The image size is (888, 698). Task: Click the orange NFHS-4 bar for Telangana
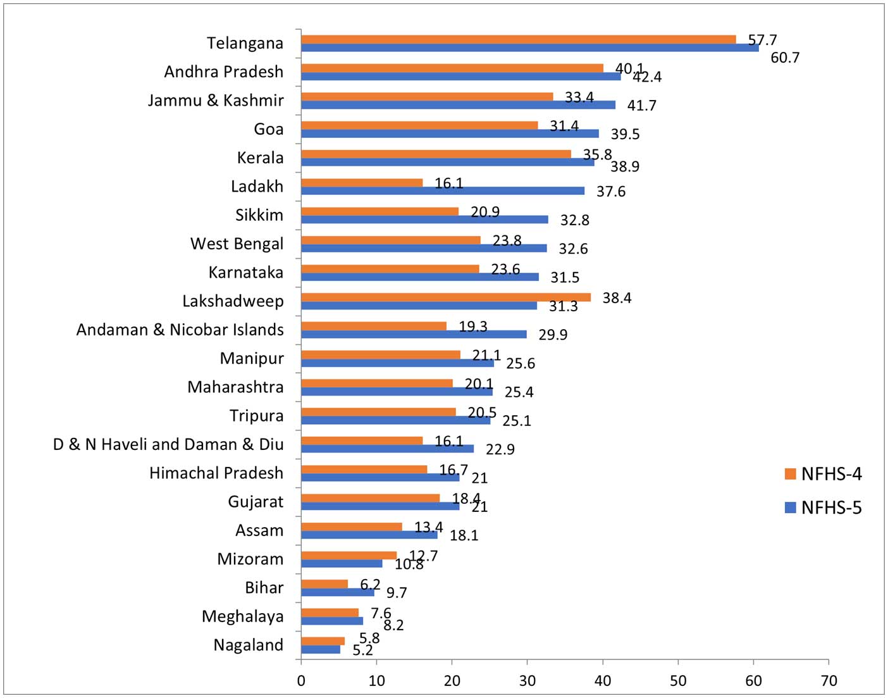[519, 39]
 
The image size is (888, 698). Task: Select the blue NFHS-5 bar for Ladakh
[443, 190]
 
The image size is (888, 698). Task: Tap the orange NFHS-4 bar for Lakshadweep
[446, 297]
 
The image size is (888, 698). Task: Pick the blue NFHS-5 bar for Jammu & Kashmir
[458, 104]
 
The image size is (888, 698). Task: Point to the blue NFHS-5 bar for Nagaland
[321, 649]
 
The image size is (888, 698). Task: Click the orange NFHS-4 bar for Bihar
[324, 583]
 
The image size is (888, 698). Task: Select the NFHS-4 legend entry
[823, 474]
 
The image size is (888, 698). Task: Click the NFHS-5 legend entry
[823, 508]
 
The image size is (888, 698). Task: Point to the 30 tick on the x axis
[527, 681]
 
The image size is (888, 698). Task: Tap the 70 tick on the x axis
[829, 681]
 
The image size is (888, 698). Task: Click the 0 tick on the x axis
[301, 681]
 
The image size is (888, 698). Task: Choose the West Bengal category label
[237, 244]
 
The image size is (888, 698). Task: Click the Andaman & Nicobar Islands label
[180, 330]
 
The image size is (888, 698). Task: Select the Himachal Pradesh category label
[216, 473]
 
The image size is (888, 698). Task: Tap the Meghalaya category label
[243, 616]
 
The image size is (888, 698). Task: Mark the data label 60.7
[785, 58]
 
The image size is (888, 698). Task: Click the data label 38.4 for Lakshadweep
[617, 298]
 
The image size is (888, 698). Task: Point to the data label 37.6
[611, 192]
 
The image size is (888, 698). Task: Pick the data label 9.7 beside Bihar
[397, 593]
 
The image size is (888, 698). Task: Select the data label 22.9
[500, 449]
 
